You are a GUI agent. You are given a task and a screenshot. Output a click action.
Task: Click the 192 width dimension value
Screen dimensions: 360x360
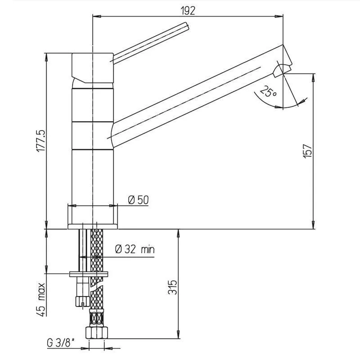coord(188,10)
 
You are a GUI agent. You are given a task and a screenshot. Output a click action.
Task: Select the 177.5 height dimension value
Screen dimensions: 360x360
coord(41,141)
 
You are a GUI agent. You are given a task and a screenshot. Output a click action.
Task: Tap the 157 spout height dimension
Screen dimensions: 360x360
coord(307,151)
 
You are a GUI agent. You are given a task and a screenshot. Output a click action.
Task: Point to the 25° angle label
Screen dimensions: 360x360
coord(268,91)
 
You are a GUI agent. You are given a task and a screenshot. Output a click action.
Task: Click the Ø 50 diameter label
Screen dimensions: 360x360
coord(139,200)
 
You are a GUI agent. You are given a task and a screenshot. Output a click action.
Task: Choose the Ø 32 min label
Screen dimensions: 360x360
coord(135,249)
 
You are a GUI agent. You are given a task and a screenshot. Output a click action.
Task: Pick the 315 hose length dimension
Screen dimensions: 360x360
coord(173,287)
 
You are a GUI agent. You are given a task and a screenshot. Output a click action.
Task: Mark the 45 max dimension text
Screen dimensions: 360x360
coord(41,299)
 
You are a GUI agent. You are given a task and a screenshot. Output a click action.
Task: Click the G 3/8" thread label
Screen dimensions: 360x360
coord(61,343)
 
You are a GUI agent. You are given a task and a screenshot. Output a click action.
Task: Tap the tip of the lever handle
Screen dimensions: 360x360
coord(187,26)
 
